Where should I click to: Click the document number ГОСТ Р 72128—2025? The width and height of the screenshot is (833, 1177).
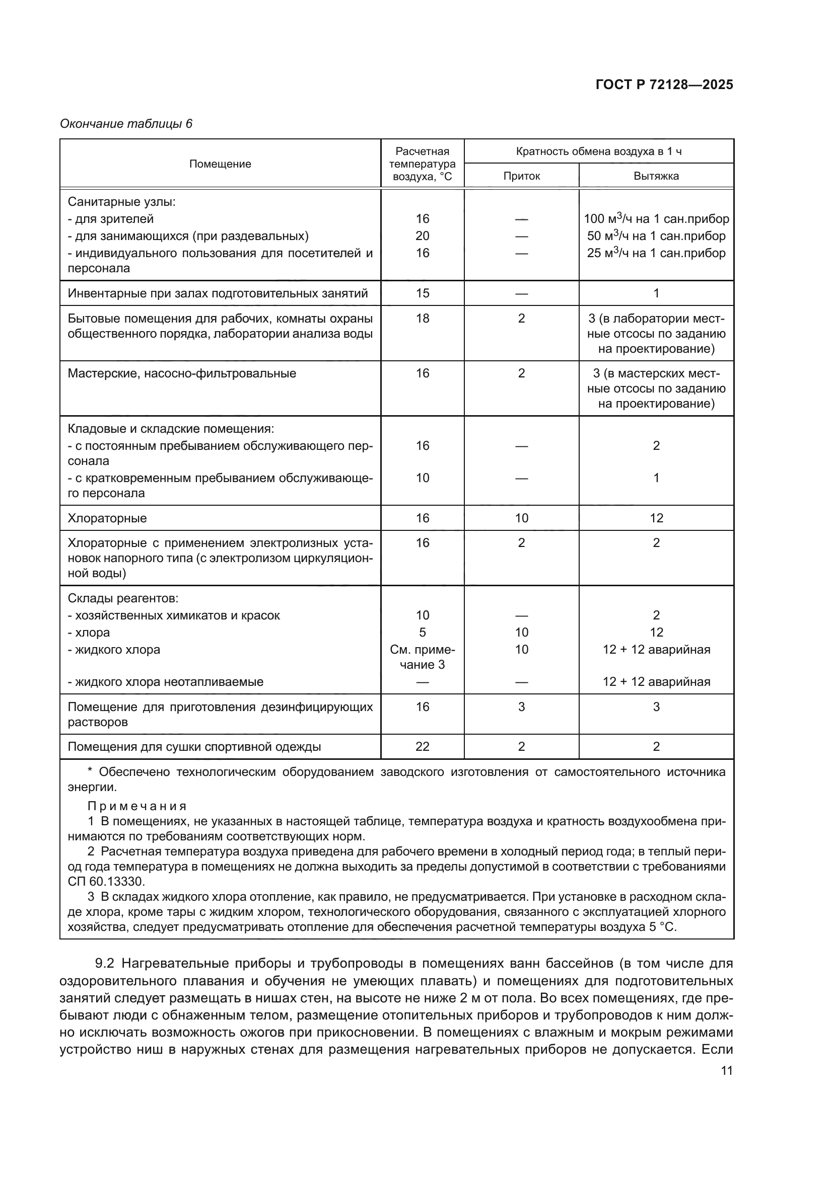pyautogui.click(x=664, y=85)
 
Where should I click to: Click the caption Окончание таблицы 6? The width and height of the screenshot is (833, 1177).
pyautogui.click(x=126, y=124)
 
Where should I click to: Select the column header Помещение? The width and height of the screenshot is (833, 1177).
pyautogui.click(x=220, y=164)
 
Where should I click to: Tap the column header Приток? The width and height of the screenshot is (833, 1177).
pyautogui.click(x=522, y=176)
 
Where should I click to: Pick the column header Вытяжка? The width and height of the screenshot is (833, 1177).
pyautogui.click(x=656, y=176)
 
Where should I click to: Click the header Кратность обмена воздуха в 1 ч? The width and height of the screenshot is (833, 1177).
pyautogui.click(x=599, y=151)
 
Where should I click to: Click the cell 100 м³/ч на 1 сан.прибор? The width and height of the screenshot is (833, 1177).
pyautogui.click(x=656, y=219)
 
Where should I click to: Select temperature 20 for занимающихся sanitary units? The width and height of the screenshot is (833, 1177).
pyautogui.click(x=422, y=236)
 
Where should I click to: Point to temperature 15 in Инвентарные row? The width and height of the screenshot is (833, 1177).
pyautogui.click(x=422, y=293)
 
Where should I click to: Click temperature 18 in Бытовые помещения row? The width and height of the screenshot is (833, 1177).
pyautogui.click(x=422, y=319)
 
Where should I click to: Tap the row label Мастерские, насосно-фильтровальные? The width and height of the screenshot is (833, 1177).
pyautogui.click(x=182, y=373)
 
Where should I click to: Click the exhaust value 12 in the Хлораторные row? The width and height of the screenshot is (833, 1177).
pyautogui.click(x=656, y=518)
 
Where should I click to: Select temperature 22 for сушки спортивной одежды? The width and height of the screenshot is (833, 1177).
pyautogui.click(x=422, y=746)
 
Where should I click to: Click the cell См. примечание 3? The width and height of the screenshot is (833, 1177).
pyautogui.click(x=422, y=657)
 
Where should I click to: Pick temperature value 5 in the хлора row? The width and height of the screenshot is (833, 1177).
pyautogui.click(x=422, y=632)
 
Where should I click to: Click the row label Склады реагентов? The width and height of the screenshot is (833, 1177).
pyautogui.click(x=123, y=598)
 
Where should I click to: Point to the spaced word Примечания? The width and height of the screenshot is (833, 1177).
pyautogui.click(x=137, y=806)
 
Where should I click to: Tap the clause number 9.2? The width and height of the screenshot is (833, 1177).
pyautogui.click(x=104, y=963)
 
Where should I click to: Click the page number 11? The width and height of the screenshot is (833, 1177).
pyautogui.click(x=726, y=1071)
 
